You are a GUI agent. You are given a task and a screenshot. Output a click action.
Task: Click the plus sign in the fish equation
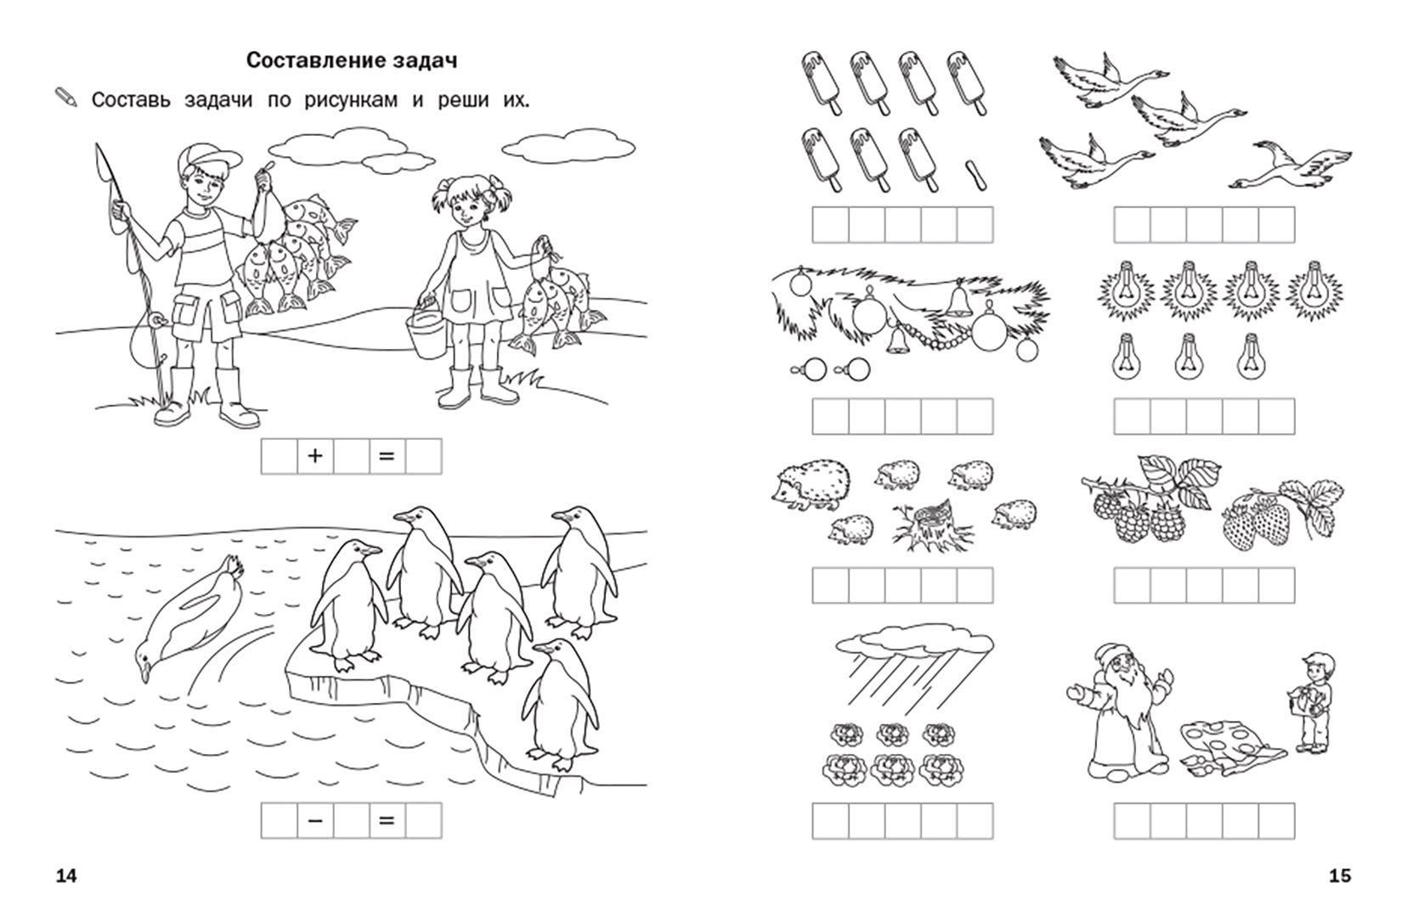point(315,456)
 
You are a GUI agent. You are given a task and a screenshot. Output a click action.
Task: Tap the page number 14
point(66,875)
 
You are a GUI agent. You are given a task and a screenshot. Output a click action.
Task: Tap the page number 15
point(1340,875)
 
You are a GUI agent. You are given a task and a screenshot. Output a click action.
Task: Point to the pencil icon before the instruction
point(66,98)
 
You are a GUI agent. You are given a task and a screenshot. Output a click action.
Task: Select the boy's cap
point(200,157)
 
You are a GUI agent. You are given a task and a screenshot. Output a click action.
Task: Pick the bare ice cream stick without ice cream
point(975,175)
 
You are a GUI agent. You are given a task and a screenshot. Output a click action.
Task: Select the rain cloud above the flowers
point(914,646)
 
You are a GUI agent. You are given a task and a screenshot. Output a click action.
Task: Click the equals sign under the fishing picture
point(387,456)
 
